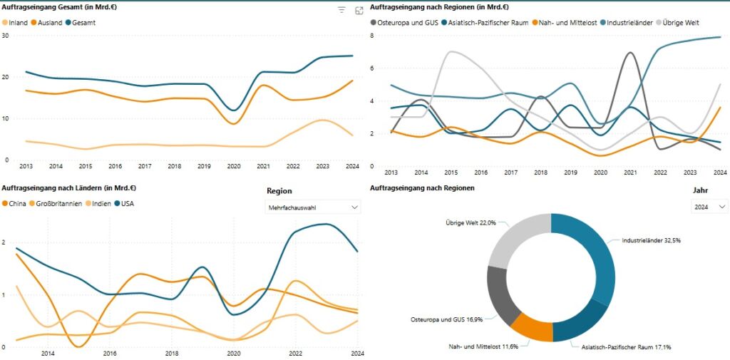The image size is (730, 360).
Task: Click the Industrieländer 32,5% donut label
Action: pos(652,241)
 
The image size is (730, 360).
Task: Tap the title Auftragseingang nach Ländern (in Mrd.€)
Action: pos(69,188)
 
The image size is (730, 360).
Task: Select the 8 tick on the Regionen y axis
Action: pos(373,36)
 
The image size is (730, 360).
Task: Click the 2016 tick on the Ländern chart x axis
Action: pos(110,353)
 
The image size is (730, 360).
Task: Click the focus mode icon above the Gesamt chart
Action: pos(359,11)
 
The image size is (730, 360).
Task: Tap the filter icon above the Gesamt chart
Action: pos(342,11)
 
